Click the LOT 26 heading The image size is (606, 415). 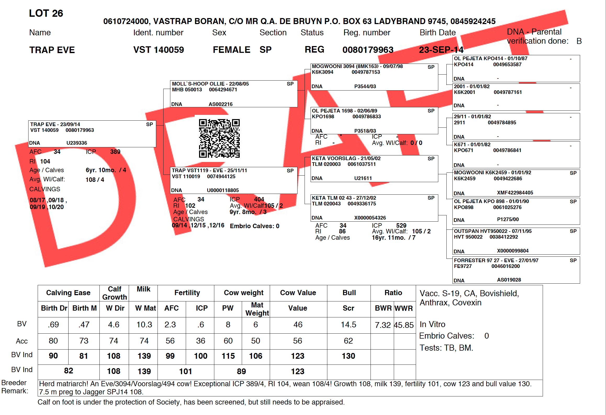(x=46, y=13)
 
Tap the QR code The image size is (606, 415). (x=219, y=138)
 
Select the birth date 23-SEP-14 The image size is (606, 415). (x=441, y=50)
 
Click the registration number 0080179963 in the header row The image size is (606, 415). (x=368, y=50)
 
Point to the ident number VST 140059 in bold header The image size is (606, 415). (x=159, y=50)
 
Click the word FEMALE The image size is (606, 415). (x=232, y=50)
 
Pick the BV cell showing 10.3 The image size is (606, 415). (x=144, y=325)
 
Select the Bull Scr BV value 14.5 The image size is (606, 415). (x=349, y=325)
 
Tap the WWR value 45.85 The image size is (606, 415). (x=404, y=325)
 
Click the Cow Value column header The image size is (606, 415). (x=298, y=293)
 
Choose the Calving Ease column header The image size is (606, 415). (x=68, y=293)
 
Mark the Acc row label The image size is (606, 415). (x=22, y=341)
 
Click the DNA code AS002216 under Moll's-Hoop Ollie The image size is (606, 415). (x=221, y=104)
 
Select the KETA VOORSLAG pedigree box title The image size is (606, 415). (x=346, y=158)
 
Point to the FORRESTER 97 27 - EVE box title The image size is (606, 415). (x=496, y=260)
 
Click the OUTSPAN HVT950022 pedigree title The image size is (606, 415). (x=493, y=231)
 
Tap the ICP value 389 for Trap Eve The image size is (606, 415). (x=115, y=152)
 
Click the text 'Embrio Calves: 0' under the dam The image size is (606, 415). (x=255, y=226)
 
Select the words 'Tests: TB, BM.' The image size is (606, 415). (x=446, y=348)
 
